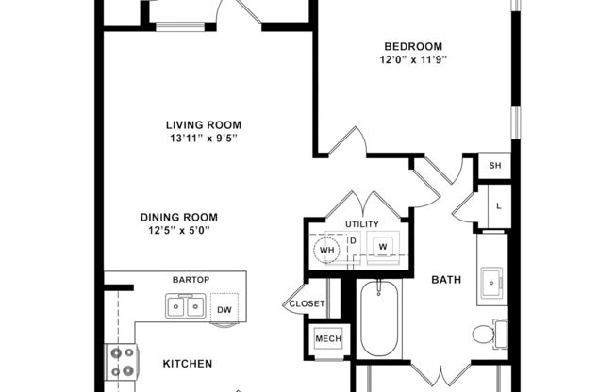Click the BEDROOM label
[413, 46]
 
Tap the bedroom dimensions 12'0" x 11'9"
[413, 59]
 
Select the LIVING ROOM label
[203, 125]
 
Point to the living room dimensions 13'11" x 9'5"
[203, 139]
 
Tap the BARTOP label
[189, 281]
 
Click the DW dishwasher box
[223, 308]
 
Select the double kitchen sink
[185, 306]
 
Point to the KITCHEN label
[188, 364]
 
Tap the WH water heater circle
[324, 249]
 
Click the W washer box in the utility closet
[382, 246]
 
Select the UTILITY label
[361, 224]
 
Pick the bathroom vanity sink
[491, 280]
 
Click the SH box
[494, 166]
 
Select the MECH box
[328, 339]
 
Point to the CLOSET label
[307, 304]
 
